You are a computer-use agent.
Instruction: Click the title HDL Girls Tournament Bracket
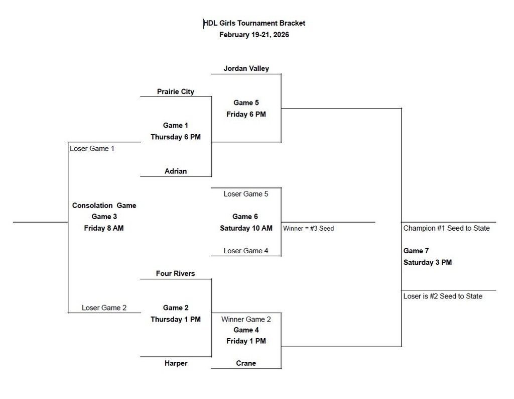(x=254, y=23)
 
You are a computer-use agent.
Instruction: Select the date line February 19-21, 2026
(x=254, y=35)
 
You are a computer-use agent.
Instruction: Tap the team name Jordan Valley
(x=246, y=68)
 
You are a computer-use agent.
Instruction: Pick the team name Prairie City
(x=175, y=91)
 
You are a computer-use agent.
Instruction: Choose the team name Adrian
(x=175, y=171)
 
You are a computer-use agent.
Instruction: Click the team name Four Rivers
(x=175, y=273)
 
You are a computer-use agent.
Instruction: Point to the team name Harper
(x=175, y=363)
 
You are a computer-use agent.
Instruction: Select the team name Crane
(x=246, y=363)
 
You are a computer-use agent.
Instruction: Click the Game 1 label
(x=175, y=125)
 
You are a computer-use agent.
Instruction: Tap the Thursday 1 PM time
(x=175, y=319)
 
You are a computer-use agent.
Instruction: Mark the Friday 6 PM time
(x=246, y=114)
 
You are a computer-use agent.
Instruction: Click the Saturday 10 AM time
(x=246, y=228)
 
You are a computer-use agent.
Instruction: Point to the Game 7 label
(x=416, y=251)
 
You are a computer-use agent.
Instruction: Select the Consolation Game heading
(x=104, y=205)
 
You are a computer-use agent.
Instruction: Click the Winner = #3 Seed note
(x=308, y=228)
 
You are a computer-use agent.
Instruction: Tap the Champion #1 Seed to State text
(x=446, y=228)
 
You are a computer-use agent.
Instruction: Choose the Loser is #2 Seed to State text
(x=443, y=296)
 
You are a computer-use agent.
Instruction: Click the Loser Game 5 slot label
(x=246, y=193)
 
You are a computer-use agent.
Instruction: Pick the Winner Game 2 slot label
(x=246, y=319)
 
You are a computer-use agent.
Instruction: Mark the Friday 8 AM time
(x=104, y=228)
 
